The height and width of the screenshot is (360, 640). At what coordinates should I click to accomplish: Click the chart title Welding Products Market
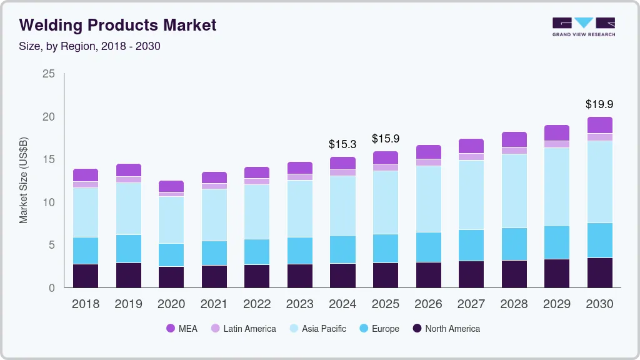click(118, 25)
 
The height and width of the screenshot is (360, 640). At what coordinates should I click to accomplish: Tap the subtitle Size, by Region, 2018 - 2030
click(90, 46)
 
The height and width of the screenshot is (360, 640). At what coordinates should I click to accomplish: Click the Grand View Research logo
click(583, 26)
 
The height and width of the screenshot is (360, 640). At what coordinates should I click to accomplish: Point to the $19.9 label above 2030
click(599, 104)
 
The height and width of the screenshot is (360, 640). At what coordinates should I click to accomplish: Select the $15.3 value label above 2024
click(342, 144)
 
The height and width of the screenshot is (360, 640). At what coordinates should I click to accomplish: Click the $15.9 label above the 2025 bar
click(386, 139)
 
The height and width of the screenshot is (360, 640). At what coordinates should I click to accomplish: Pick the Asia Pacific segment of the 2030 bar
click(599, 182)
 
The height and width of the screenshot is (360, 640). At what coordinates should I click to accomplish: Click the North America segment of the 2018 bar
click(86, 276)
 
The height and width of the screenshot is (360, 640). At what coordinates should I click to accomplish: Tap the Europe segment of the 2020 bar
click(171, 255)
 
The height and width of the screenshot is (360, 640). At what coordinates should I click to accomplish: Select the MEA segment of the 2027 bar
click(471, 146)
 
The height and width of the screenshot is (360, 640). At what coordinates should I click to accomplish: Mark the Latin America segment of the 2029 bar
click(557, 144)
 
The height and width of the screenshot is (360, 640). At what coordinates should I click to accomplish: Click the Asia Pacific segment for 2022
click(257, 212)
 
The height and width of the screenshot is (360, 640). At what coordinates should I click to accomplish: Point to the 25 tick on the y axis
click(49, 74)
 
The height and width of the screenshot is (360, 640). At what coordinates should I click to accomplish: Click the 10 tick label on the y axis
click(49, 202)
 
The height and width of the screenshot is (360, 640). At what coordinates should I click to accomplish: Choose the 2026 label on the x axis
click(428, 304)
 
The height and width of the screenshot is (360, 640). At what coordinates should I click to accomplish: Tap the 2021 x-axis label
click(214, 304)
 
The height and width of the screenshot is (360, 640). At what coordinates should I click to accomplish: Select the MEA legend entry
click(182, 328)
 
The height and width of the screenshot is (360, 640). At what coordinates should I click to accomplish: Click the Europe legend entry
click(379, 328)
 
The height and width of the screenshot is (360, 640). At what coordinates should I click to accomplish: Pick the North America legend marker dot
click(416, 328)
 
